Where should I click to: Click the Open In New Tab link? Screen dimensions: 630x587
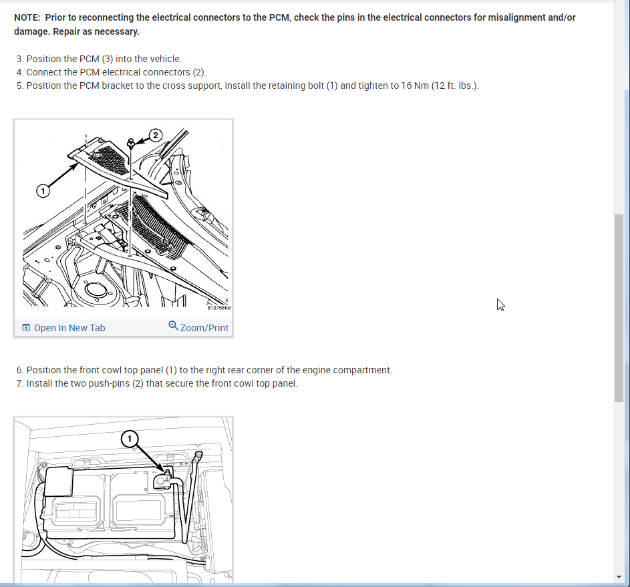63,328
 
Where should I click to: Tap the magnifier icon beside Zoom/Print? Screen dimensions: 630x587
173,326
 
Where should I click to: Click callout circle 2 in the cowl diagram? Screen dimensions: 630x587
156,136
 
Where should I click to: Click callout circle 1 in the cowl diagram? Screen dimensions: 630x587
43,190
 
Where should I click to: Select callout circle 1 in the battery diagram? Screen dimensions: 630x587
130,439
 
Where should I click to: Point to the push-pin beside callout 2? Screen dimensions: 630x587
130,144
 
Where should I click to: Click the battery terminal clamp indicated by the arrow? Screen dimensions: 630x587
164,479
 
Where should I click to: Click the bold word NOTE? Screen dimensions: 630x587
27,17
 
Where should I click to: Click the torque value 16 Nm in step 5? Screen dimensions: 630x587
415,86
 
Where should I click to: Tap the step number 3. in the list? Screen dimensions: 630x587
20,59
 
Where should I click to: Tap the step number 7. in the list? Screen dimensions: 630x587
20,383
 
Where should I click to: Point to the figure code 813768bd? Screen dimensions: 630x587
219,308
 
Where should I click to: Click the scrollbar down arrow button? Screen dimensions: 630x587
619,577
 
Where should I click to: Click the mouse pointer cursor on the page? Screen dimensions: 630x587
500,305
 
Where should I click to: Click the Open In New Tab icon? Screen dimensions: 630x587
26,328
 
